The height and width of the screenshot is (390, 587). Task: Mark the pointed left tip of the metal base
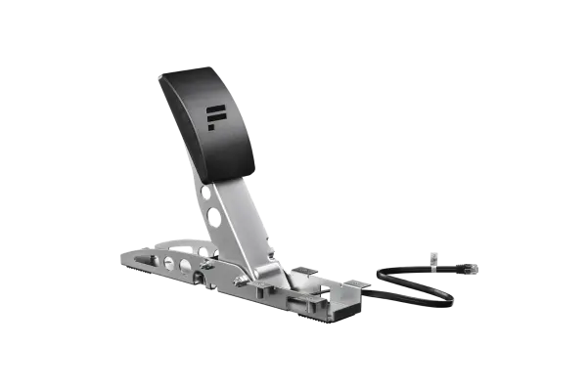point(120,257)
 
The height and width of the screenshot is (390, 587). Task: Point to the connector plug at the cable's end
point(468,266)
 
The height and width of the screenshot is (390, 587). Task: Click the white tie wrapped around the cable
point(434,260)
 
